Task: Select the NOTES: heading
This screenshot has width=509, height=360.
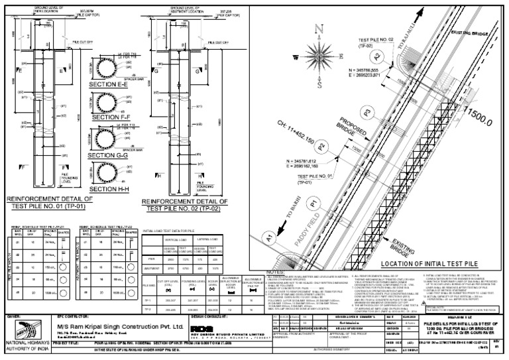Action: point(274,271)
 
